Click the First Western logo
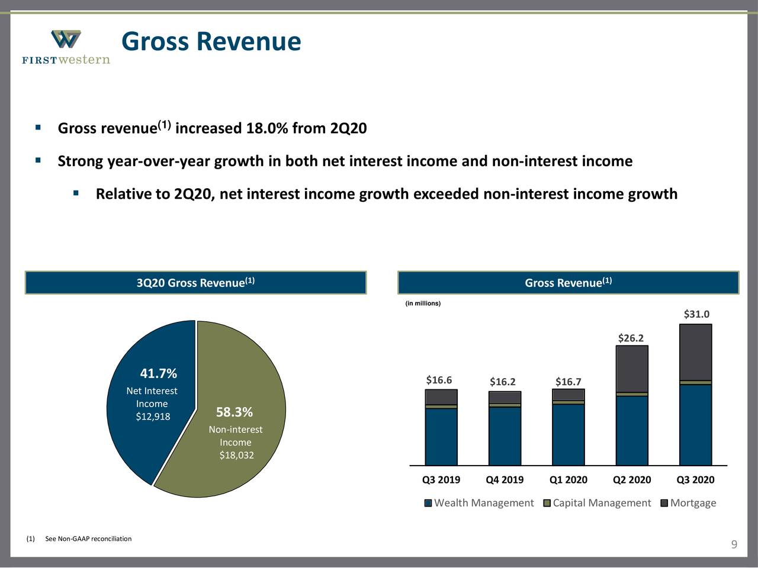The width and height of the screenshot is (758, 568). click(66, 47)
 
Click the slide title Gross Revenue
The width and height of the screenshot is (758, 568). click(211, 41)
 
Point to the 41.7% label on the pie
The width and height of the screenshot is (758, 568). click(158, 373)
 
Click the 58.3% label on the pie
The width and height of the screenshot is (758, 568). click(234, 412)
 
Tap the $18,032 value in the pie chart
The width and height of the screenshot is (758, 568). click(236, 455)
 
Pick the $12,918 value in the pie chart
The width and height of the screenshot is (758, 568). click(153, 417)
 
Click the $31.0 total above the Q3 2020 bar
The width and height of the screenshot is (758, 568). click(696, 314)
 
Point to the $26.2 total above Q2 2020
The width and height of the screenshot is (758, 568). click(631, 338)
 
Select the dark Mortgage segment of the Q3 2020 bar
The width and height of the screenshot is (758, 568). click(695, 352)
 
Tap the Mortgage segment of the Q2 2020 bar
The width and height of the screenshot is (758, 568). click(632, 369)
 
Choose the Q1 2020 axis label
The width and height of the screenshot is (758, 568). click(568, 480)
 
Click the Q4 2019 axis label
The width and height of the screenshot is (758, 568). click(505, 480)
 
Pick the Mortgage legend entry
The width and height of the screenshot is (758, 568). click(688, 503)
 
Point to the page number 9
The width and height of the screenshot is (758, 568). click(734, 545)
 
